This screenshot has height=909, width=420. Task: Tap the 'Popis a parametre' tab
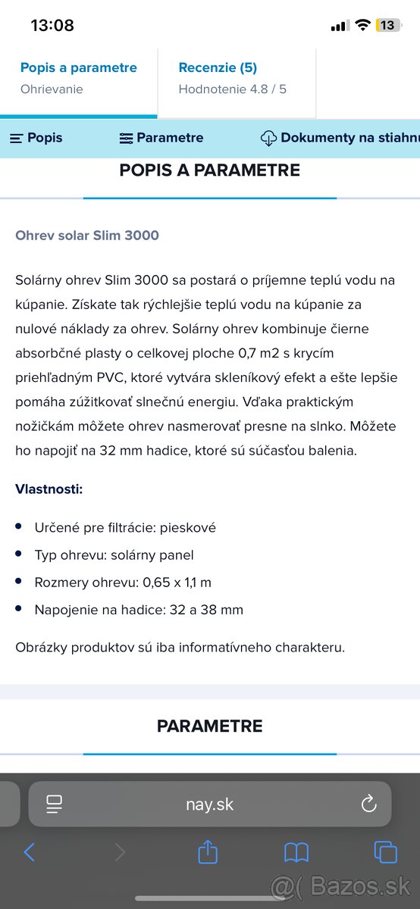[79, 68]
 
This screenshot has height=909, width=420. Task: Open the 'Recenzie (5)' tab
[218, 68]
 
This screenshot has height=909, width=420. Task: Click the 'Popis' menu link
[36, 138]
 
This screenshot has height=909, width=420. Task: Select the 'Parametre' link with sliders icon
[161, 138]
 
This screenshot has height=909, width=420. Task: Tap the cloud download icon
[268, 138]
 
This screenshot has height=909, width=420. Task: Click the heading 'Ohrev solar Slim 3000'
[87, 236]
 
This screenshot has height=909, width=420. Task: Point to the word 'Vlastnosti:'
[49, 489]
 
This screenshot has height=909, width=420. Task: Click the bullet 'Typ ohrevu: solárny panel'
[114, 555]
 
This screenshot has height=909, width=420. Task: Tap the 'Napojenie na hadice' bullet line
[139, 610]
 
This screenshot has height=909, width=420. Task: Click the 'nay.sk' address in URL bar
[210, 804]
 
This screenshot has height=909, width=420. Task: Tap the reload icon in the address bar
[368, 804]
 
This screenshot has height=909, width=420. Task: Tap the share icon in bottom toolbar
[208, 853]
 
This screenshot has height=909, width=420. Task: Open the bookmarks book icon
[296, 853]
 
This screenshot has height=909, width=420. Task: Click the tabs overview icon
[385, 853]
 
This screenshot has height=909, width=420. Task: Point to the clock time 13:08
[52, 25]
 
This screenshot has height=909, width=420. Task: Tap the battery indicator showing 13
[387, 25]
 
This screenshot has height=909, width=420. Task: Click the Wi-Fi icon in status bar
[362, 25]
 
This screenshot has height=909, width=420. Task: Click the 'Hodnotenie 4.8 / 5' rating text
[233, 89]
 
